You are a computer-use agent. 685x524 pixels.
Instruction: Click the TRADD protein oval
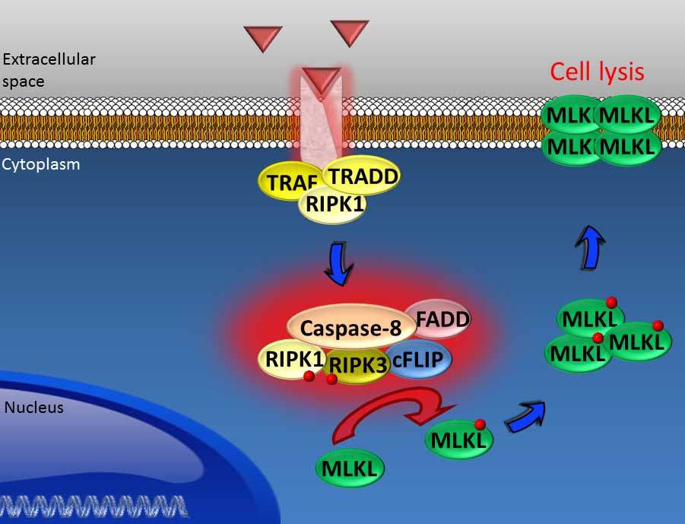(x=361, y=176)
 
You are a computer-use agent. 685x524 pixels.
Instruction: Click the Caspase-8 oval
(x=351, y=328)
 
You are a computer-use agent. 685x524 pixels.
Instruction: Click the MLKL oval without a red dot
(x=350, y=468)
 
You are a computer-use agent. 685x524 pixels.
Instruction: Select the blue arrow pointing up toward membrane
(x=590, y=248)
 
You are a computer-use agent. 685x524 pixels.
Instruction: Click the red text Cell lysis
(x=597, y=71)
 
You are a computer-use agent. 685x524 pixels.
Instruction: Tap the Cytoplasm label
(x=41, y=164)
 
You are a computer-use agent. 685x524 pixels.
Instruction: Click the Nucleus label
(x=34, y=408)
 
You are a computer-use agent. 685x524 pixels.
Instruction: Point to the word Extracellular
(x=49, y=59)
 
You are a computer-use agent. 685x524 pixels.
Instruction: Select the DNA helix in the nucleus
(x=94, y=507)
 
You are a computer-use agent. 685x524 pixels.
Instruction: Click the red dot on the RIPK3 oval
(x=331, y=379)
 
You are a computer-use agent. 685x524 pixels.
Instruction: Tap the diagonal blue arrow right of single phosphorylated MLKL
(x=525, y=418)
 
